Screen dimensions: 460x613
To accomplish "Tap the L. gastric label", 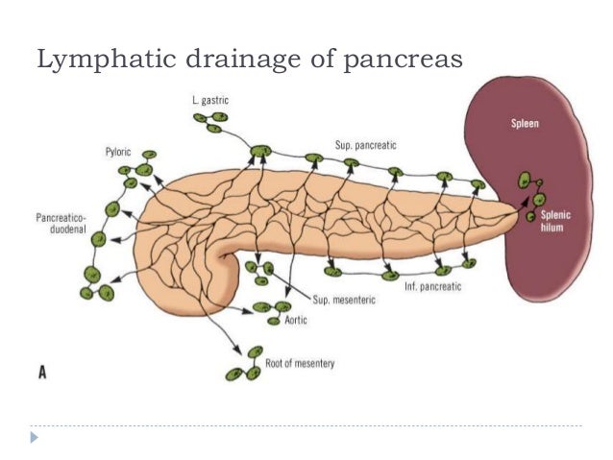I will click(208, 100).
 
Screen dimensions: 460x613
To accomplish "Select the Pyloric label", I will click(120, 152).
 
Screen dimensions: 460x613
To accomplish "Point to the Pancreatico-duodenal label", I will click(53, 224).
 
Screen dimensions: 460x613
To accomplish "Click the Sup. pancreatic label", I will click(366, 144).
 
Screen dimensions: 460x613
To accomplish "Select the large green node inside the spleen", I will click(525, 181).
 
